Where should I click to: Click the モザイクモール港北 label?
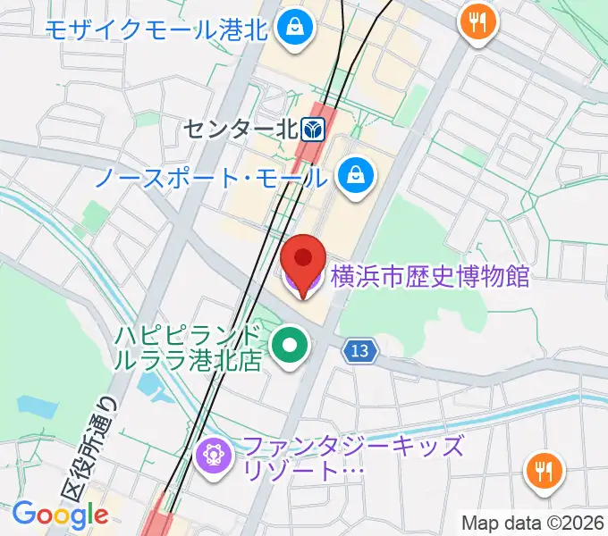coord(156,29)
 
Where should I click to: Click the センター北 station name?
coord(239,130)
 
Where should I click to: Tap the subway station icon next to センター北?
coord(313,130)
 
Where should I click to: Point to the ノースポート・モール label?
coord(213,177)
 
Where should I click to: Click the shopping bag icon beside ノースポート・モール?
coord(355,172)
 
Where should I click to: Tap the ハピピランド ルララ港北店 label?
coord(190,348)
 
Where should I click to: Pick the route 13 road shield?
coord(360,352)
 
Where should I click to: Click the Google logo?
coord(60,515)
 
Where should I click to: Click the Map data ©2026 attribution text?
coord(534,521)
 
